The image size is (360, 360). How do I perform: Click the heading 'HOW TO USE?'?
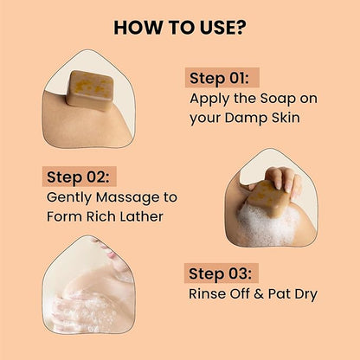click(179, 27)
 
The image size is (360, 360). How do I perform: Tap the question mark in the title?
click(240, 27)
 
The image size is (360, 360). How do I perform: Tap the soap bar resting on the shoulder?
click(90, 89)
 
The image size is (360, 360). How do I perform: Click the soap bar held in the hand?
click(266, 198)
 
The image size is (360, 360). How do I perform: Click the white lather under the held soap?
click(263, 227)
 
